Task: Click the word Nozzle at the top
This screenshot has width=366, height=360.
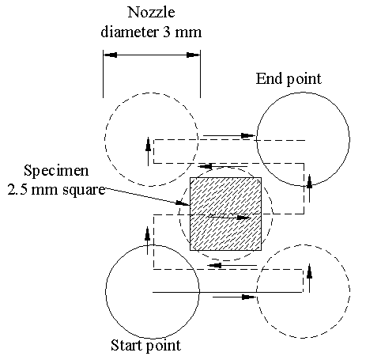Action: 151,12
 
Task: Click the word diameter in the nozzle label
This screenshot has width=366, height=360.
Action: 130,32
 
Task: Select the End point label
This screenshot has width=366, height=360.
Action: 289,79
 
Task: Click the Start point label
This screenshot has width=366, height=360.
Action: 145,345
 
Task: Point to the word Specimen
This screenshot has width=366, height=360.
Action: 56,171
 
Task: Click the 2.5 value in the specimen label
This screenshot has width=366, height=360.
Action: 17,190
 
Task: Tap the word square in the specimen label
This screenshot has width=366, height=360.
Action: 84,191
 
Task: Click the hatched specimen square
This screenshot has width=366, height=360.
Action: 226,214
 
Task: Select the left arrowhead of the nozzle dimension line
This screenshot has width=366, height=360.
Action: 111,55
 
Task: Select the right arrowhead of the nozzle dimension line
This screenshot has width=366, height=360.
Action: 193,55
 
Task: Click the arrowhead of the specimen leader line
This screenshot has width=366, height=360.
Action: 183,203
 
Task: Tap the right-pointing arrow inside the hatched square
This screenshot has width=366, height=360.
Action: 229,218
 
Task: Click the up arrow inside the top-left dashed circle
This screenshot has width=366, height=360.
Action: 148,151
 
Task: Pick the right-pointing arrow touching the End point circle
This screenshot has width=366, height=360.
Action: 229,136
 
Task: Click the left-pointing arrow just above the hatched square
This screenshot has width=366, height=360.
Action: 224,166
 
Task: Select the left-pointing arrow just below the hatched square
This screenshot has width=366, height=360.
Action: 232,265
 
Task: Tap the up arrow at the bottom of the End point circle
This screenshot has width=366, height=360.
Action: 310,188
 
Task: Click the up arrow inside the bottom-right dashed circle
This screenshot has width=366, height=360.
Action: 310,278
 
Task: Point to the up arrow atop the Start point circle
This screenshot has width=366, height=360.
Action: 148,241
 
